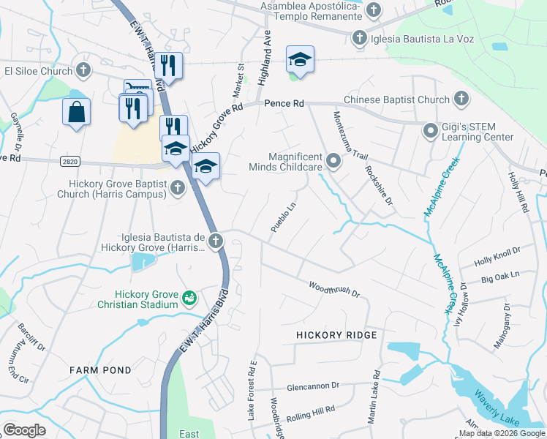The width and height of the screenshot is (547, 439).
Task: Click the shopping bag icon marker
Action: (x=76, y=113)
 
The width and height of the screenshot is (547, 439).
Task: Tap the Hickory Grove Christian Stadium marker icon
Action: (x=189, y=297)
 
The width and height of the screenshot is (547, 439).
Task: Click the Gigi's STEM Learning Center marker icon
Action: (x=431, y=130)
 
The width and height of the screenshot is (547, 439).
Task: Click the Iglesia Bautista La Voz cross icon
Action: (x=359, y=37)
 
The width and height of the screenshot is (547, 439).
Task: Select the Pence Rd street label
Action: (x=284, y=105)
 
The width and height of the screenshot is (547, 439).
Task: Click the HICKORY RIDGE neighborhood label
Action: (x=336, y=335)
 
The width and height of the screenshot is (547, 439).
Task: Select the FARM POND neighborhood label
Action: (x=100, y=371)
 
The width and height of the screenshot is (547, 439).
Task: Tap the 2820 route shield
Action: (x=67, y=160)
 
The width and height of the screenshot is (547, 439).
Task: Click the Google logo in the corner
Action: (x=24, y=430)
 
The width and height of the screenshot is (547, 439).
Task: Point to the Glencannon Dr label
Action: (x=314, y=385)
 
